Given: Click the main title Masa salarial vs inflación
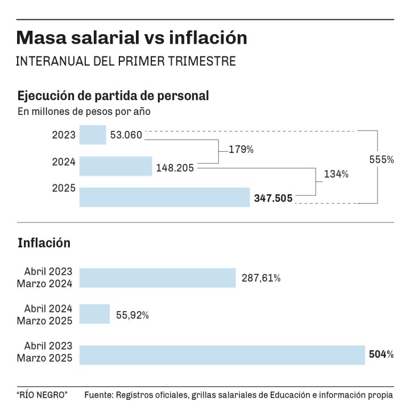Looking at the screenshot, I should (x=132, y=38).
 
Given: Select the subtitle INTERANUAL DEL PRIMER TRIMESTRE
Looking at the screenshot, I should (x=126, y=61).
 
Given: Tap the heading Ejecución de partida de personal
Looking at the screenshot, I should (x=113, y=96).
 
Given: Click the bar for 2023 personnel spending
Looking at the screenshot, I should (x=93, y=135).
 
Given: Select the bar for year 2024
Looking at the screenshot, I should (x=115, y=166).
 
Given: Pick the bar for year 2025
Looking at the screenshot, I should (x=164, y=197).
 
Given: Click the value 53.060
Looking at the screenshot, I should (x=127, y=135).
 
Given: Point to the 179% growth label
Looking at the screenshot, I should (x=241, y=150).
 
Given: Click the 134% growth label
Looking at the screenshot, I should (x=336, y=175).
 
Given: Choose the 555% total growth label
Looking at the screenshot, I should (x=382, y=160).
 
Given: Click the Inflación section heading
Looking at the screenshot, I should (x=44, y=243).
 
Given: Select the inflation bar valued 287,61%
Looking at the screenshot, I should (x=158, y=278).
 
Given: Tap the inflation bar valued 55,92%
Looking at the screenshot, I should (x=94, y=313).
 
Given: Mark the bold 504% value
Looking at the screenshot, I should (x=382, y=354).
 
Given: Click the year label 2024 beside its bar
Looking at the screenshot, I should (x=64, y=162).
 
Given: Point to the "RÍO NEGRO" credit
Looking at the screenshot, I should (x=42, y=394).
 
